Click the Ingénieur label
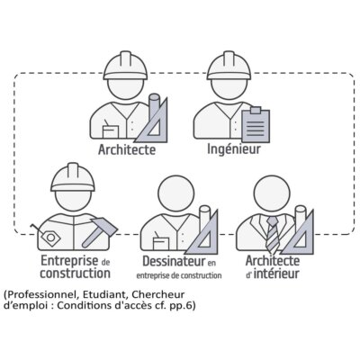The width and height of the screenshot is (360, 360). pyautogui.click(x=234, y=149)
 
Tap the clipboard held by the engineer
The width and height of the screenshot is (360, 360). pyautogui.click(x=256, y=125)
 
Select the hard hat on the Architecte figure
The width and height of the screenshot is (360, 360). pyautogui.click(x=126, y=66)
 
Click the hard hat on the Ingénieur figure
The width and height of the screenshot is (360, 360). pyautogui.click(x=229, y=66)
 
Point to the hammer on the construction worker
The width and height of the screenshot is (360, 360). pyautogui.click(x=99, y=232)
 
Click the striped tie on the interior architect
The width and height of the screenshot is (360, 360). pyautogui.click(x=272, y=235)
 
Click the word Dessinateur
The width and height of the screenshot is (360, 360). pyautogui.click(x=174, y=261)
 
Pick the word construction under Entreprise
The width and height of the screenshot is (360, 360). pyautogui.click(x=75, y=274)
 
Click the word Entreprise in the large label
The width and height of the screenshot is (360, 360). pyautogui.click(x=69, y=260)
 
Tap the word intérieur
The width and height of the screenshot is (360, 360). pyautogui.click(x=276, y=274)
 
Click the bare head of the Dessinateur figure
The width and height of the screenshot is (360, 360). pyautogui.click(x=175, y=193)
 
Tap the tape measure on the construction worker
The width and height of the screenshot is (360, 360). pyautogui.click(x=49, y=236)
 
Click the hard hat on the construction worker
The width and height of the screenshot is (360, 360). pyautogui.click(x=73, y=177)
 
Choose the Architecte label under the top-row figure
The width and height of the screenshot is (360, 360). pyautogui.click(x=127, y=149)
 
